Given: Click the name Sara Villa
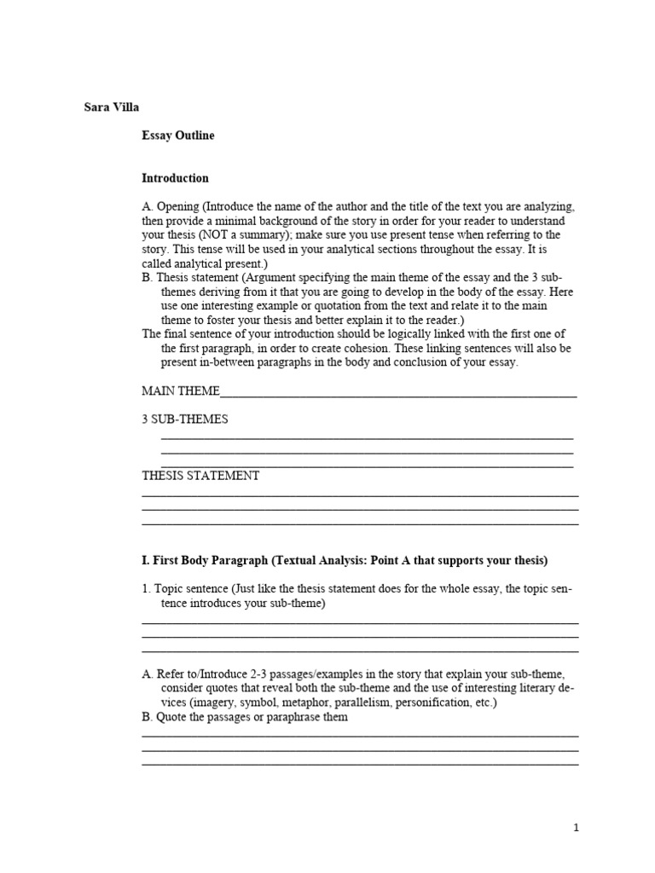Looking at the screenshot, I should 111,107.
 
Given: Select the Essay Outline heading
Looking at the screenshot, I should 177,136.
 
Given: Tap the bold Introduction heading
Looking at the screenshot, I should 175,178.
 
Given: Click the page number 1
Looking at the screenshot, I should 577,827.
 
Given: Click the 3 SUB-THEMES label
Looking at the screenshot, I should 184,419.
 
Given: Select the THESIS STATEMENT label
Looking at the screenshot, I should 200,476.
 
